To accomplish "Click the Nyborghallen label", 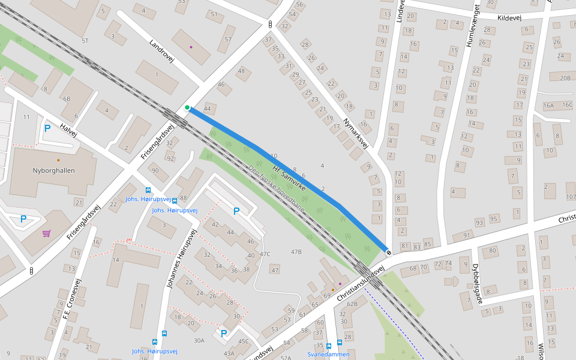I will coord(54,170).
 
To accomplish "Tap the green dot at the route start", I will coord(187,108).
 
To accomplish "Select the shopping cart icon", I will coord(46,233).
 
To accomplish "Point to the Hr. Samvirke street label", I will coord(289,179).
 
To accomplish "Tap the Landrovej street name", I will coord(161,52).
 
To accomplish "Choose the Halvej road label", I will coord(69,130).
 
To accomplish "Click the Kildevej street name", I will coord(509,18).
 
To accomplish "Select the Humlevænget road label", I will coord(472,25).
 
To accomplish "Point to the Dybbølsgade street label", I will coord(477,283).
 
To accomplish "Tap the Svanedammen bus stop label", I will coord(328,355).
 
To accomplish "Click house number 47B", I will coord(296,251).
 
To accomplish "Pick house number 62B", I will coord(352,304).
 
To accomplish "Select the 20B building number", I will coord(565,78).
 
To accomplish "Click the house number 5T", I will coord(85,41).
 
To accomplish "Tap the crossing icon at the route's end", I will coord(389,252).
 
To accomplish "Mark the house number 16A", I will coord(548,105).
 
